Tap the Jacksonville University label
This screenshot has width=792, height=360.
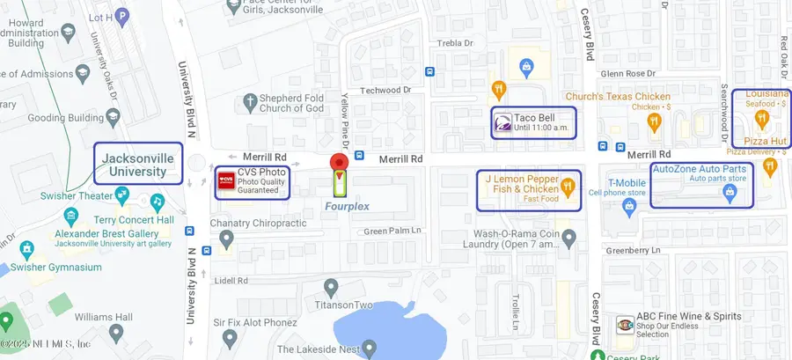pos(138,164)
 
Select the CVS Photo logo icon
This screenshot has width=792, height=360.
pos(226,181)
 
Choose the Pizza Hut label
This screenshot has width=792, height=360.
pos(764,141)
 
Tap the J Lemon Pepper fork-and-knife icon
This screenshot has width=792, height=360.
pos(568,185)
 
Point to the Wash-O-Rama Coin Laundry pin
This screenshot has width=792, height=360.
pos(568,237)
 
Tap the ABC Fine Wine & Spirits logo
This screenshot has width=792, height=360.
pos(624,323)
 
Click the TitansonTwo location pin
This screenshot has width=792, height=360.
pos(331,287)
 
